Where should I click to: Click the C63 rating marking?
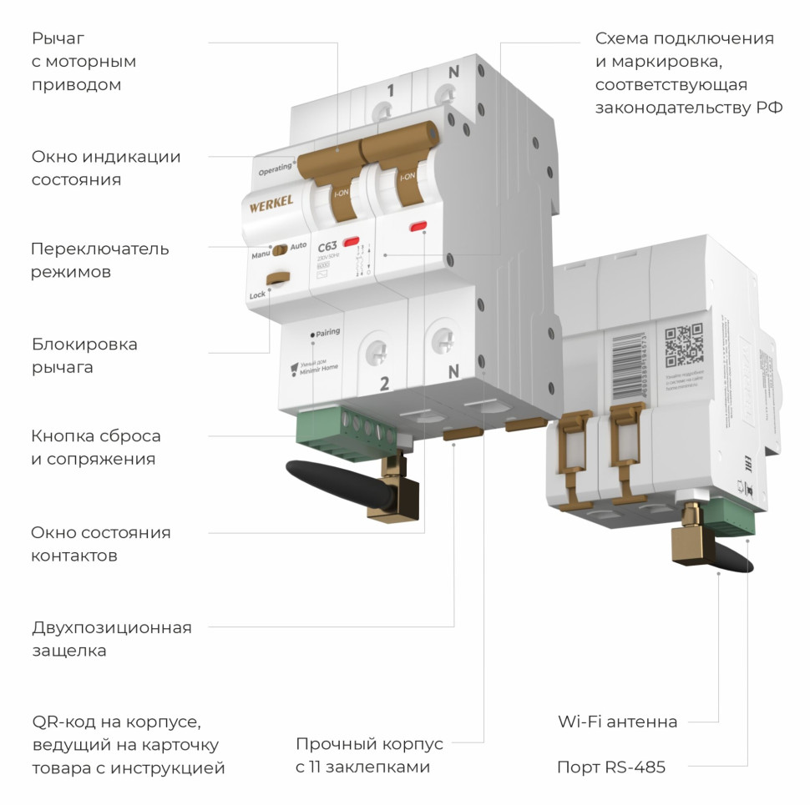327,246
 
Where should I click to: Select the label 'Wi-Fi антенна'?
617,722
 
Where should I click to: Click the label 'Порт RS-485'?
610,767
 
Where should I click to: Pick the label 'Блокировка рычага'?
84,355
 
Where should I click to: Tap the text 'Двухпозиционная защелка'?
111,639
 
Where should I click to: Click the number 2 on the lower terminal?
384,384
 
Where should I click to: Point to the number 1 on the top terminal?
390,91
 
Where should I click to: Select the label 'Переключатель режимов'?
99,260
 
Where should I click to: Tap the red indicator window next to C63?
352,243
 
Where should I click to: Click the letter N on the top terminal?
453,73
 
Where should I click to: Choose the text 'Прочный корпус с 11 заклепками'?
369,755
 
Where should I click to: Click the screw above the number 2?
378,351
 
